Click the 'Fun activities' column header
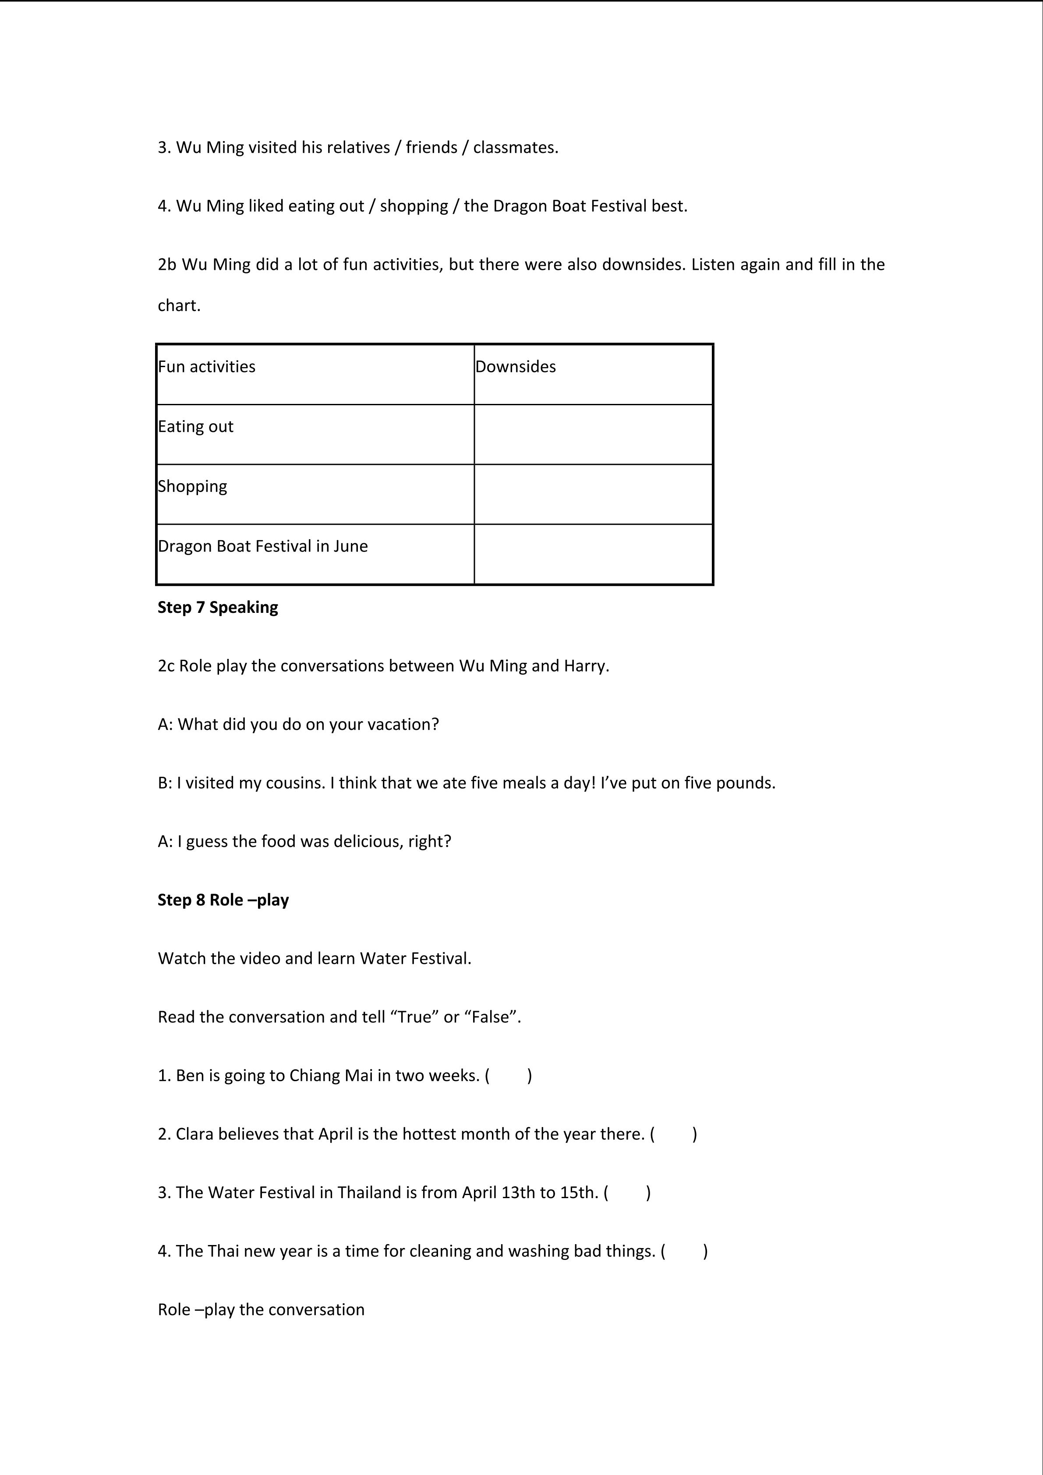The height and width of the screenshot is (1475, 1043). click(206, 367)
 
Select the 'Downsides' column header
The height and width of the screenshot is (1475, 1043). click(516, 367)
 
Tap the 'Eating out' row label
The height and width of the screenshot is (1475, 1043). click(195, 427)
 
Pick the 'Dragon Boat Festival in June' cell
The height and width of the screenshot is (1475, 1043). click(263, 546)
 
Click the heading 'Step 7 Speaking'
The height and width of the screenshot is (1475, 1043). click(218, 607)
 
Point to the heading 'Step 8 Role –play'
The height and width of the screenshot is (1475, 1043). click(223, 900)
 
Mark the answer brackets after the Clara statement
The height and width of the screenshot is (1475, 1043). click(674, 1134)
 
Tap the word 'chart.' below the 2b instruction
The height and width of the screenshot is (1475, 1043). click(179, 306)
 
